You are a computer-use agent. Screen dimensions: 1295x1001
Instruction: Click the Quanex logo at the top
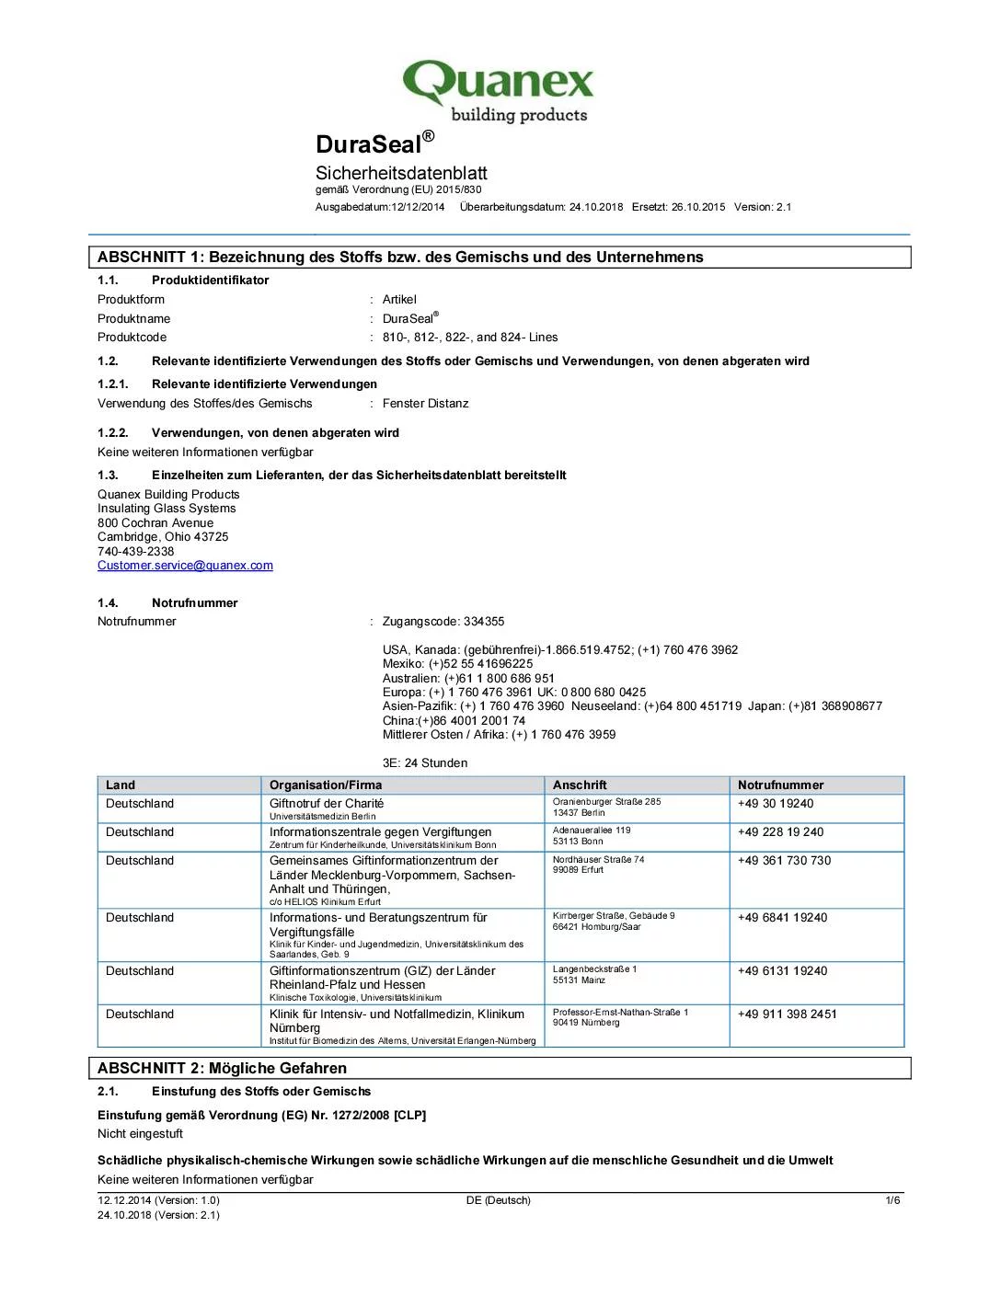[x=499, y=90]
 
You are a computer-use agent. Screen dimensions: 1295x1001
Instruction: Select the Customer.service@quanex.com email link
[x=185, y=566]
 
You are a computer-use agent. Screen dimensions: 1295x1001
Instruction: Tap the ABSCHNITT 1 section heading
[x=400, y=258]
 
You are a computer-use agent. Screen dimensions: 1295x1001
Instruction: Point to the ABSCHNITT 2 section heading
[x=223, y=1069]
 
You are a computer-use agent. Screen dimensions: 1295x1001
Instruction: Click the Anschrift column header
[x=580, y=785]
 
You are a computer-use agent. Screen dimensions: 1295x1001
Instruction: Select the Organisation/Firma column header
[x=326, y=785]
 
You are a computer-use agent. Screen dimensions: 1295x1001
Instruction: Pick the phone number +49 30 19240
[x=776, y=804]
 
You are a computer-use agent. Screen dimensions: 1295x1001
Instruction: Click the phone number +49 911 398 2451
[x=788, y=1014]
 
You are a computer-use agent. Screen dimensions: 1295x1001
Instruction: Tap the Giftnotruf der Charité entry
[x=327, y=804]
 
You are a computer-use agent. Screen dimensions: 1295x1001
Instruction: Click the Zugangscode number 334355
[x=484, y=622]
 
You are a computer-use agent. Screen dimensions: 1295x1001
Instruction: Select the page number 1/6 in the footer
[x=892, y=1200]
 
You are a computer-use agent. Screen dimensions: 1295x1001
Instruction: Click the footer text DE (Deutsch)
[x=499, y=1200]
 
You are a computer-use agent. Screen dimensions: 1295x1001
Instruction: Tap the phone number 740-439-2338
[x=136, y=552]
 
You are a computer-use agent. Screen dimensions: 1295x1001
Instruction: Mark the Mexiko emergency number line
[x=457, y=664]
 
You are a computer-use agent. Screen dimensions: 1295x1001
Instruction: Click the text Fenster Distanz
[x=425, y=404]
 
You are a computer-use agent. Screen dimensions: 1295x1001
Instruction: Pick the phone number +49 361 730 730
[x=784, y=861]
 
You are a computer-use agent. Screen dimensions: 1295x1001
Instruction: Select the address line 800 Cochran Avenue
[x=155, y=523]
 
